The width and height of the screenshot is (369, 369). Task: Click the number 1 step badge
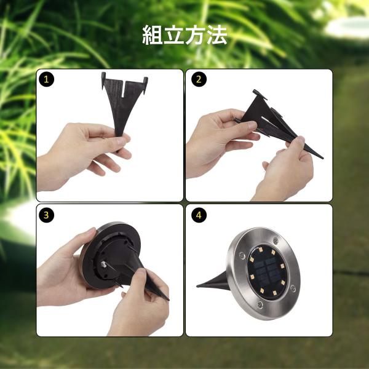pos(46,79)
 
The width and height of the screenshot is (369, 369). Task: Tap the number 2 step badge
pos(199,79)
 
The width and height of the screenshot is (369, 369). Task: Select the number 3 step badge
pos(46,215)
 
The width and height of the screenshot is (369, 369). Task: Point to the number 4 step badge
pos(199,215)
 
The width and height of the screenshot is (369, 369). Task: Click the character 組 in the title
pos(153,35)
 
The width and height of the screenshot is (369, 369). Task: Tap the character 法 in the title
pos(217,35)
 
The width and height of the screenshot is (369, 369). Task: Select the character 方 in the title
pos(196,35)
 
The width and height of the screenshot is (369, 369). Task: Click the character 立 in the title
pos(174,35)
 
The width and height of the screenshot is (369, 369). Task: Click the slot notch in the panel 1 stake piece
pos(124,89)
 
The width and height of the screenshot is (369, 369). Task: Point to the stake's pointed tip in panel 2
pos(322,158)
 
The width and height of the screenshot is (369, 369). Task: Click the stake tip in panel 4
pos(198,286)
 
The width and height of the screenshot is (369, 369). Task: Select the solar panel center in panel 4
pos(267,271)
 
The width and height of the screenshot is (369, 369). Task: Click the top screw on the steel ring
pos(276,240)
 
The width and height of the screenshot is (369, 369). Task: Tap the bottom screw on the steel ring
pos(260,304)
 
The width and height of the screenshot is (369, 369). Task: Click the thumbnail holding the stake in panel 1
pos(122,141)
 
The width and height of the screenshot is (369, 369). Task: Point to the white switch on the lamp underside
pos(103,264)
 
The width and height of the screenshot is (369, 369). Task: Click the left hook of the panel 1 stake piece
pos(103,81)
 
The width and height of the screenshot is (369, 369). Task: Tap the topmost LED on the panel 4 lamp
pos(260,249)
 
